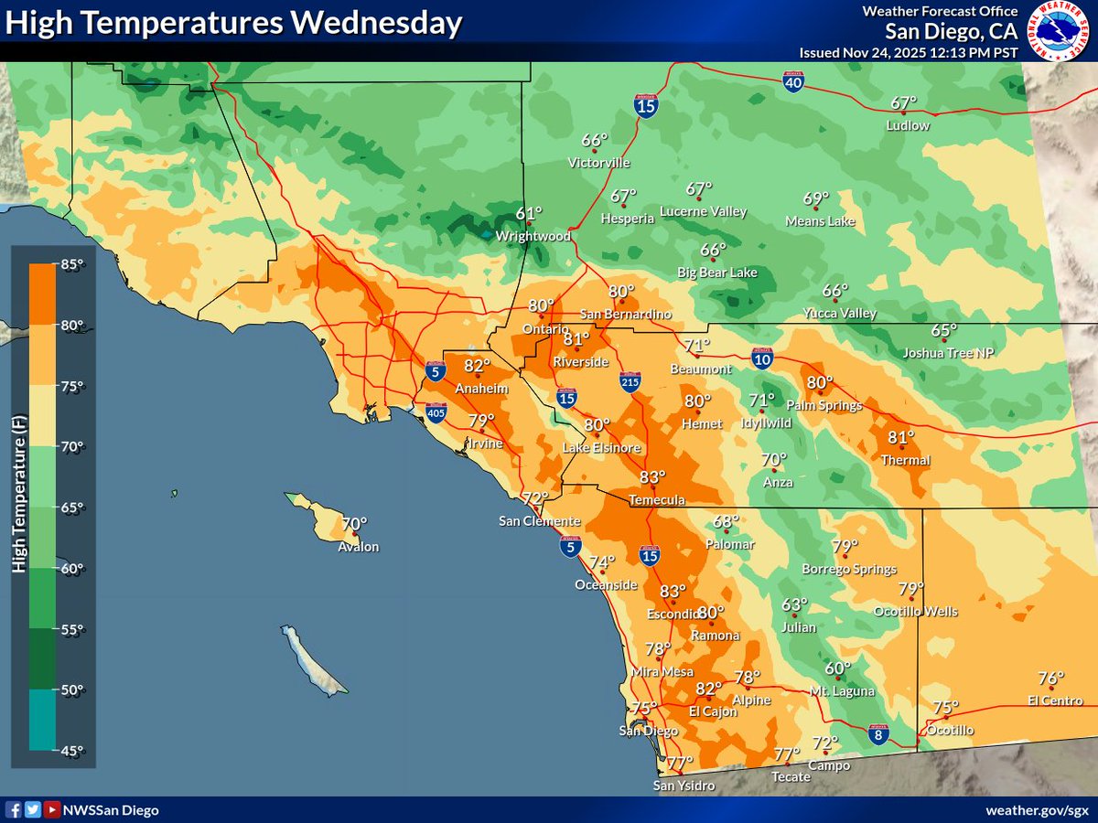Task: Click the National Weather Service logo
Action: (x=1061, y=30)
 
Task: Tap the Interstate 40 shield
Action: (x=794, y=83)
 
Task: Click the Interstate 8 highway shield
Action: (x=877, y=733)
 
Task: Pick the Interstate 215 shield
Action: (x=630, y=381)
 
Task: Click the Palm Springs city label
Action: (x=823, y=405)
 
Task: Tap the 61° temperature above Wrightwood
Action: (x=529, y=213)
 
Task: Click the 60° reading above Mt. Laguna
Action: (x=837, y=668)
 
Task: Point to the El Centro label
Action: (x=1055, y=700)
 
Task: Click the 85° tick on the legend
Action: (x=72, y=265)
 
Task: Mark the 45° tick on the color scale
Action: (x=72, y=750)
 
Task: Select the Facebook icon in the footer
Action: (x=14, y=809)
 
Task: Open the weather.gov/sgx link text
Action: (x=1037, y=810)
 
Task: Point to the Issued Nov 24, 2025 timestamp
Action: (x=909, y=52)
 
